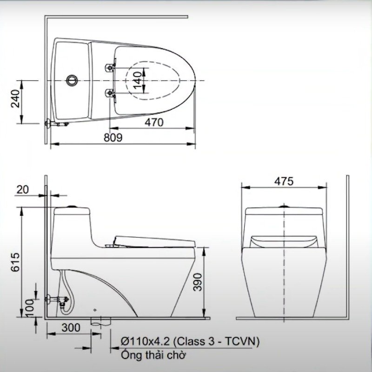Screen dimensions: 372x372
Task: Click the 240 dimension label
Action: click(x=15, y=98)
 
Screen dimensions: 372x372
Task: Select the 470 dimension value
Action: click(x=154, y=122)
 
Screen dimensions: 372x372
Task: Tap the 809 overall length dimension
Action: click(x=113, y=138)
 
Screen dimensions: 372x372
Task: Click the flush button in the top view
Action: click(x=71, y=80)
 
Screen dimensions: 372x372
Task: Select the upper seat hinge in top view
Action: click(x=110, y=67)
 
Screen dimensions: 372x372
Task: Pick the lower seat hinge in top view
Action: click(x=110, y=93)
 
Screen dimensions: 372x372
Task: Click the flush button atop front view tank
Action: click(x=283, y=205)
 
